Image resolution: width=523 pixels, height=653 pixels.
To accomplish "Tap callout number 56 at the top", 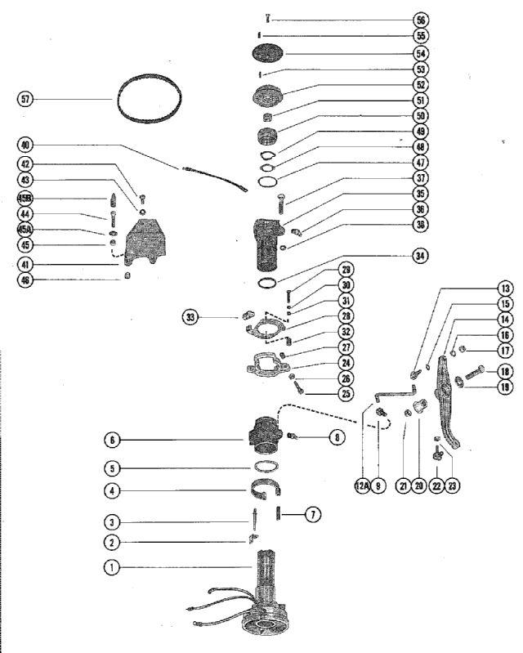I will [421, 20].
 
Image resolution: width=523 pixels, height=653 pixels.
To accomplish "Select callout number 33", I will [190, 316].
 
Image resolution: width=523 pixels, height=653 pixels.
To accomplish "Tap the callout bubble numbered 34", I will [421, 256].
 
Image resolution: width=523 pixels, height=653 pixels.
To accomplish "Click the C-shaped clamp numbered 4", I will [266, 490].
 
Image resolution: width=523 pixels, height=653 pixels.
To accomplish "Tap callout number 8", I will [336, 438].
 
